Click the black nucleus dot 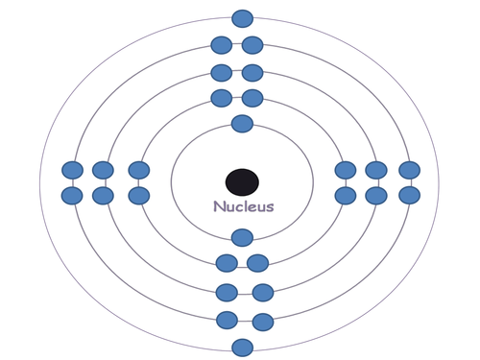[x=242, y=180]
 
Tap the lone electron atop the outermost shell [x=243, y=18]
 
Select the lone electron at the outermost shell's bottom [x=243, y=348]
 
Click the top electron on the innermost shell [x=243, y=123]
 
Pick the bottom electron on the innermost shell [x=243, y=237]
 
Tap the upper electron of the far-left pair [x=72, y=171]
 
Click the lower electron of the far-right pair [x=410, y=195]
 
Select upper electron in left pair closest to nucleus [x=139, y=171]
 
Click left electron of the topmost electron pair [x=222, y=44]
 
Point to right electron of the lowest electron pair [x=262, y=321]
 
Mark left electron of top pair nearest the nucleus [x=222, y=97]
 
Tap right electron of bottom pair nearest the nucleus [x=258, y=263]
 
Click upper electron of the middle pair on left [x=102, y=171]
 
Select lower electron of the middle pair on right [x=376, y=195]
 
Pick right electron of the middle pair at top [x=252, y=72]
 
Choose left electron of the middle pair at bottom [x=228, y=293]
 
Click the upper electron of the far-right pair [x=410, y=171]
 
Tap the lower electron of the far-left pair [x=72, y=195]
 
